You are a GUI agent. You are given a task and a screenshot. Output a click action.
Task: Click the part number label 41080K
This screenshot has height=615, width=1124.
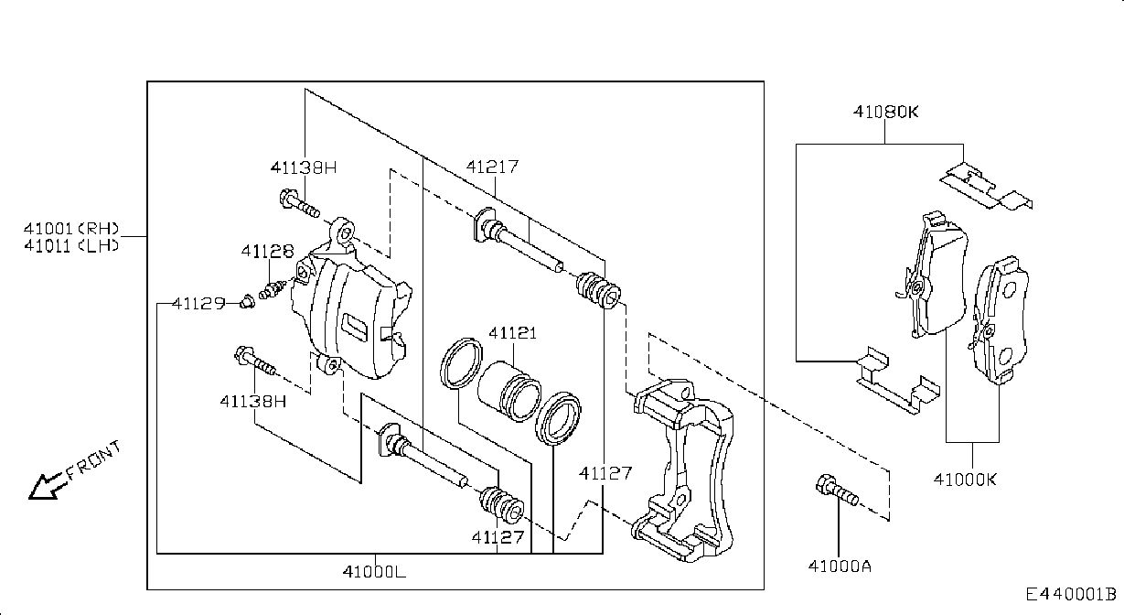(x=885, y=112)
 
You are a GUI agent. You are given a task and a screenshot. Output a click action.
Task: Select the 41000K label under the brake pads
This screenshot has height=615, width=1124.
(x=965, y=480)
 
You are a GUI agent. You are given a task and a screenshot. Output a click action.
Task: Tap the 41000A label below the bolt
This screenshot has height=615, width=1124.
(x=840, y=566)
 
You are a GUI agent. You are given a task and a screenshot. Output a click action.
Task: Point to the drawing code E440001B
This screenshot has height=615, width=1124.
(x=1071, y=595)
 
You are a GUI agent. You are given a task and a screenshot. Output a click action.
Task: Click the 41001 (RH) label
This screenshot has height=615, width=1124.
(x=71, y=229)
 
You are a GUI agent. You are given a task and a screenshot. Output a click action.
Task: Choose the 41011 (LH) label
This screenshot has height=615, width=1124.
(x=71, y=246)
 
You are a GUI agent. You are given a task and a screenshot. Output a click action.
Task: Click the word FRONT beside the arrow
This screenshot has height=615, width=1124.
(x=94, y=459)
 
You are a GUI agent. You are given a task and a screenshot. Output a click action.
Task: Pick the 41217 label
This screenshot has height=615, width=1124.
(x=492, y=167)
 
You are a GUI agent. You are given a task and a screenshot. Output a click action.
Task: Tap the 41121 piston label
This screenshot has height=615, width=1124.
(x=512, y=332)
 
